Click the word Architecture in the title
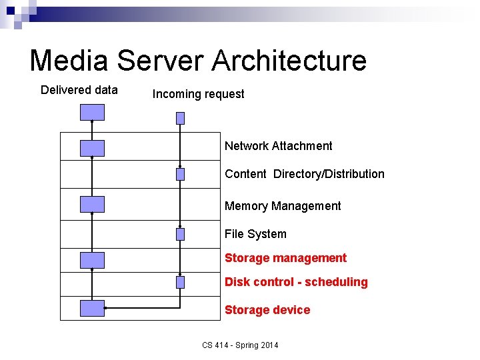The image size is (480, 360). click(289, 61)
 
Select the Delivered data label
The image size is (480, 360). click(79, 90)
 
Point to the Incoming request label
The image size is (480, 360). click(198, 94)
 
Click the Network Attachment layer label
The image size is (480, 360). click(278, 146)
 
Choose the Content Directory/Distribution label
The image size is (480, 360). click(304, 174)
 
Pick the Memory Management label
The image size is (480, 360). click(283, 206)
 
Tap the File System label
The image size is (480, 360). click(255, 234)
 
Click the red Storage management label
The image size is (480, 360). click(285, 258)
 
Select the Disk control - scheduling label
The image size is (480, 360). click(296, 282)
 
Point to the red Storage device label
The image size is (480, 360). click(267, 310)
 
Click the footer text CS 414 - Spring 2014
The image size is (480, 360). click(240, 345)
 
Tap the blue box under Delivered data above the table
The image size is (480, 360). click(92, 113)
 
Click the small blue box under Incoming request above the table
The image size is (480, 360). click(180, 118)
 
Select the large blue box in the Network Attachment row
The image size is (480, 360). click(92, 148)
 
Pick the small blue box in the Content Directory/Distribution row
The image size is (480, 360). click(180, 174)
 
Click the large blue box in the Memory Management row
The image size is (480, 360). click(92, 204)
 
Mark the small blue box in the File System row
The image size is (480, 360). click(180, 234)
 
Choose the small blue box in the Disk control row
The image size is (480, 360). click(180, 282)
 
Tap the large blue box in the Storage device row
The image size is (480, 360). click(92, 308)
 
